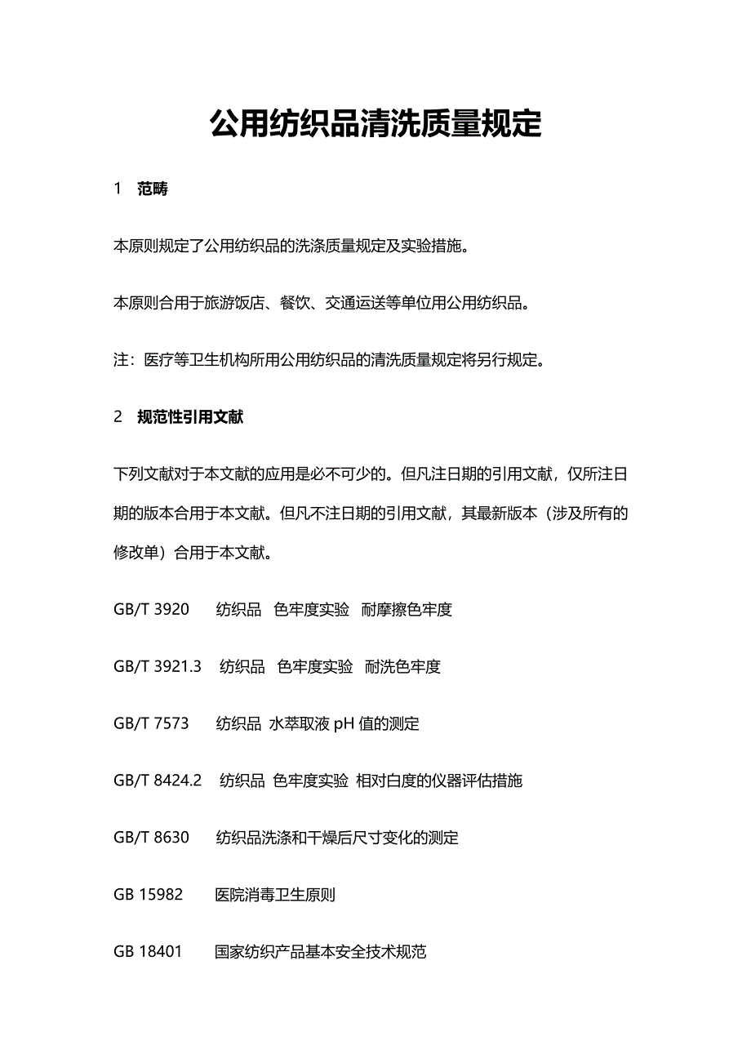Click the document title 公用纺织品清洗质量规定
(x=375, y=124)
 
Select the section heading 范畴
(x=153, y=189)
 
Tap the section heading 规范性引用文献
(x=190, y=417)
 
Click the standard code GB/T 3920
(x=151, y=610)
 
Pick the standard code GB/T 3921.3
(x=158, y=667)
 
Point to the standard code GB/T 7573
(x=151, y=724)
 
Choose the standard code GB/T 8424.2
(x=158, y=781)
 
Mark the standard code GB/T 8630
(x=151, y=838)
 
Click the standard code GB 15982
(x=148, y=896)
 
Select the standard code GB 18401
(x=148, y=953)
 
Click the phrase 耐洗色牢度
(x=402, y=667)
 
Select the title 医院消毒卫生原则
(x=275, y=896)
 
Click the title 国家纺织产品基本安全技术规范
(x=320, y=953)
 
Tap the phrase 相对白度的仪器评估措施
(x=439, y=781)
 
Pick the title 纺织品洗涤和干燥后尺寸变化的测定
(x=337, y=838)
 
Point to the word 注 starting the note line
(x=121, y=361)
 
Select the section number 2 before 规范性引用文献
(x=118, y=417)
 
